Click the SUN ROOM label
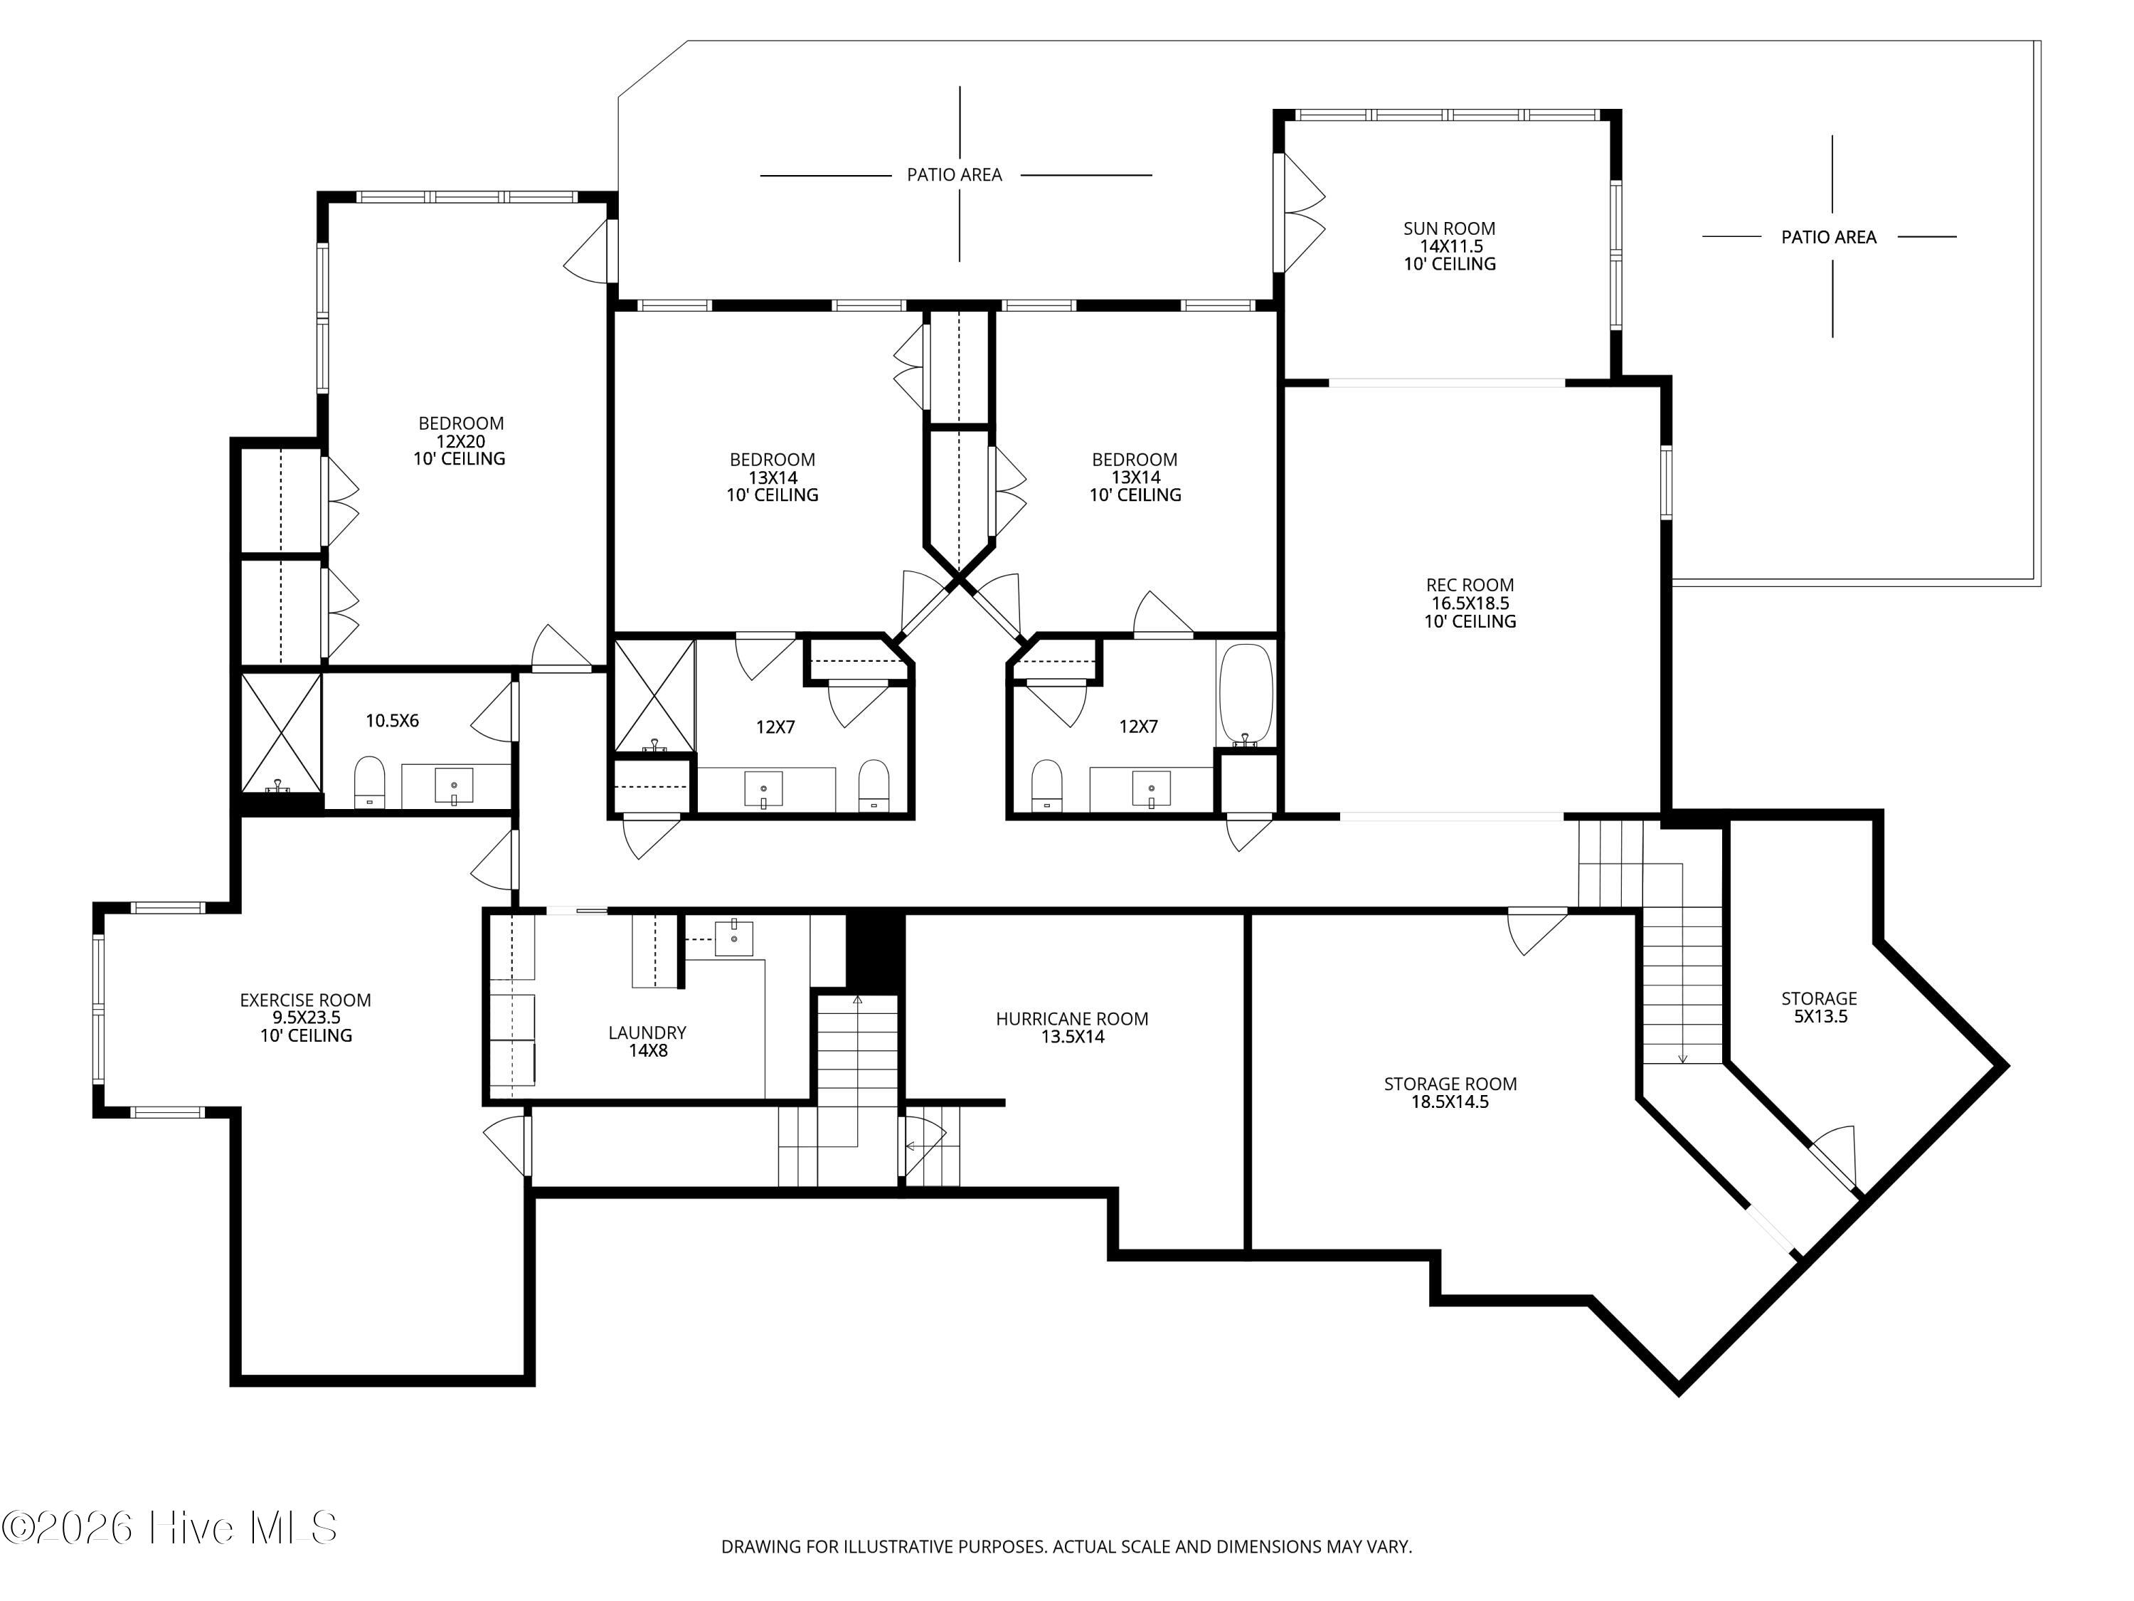pos(1449,228)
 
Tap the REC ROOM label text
pos(1470,585)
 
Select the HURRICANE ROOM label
pos(1072,1018)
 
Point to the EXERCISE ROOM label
pos(305,1000)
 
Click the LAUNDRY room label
pos(647,1032)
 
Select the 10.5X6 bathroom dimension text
pos(392,721)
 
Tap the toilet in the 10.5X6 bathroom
pos(369,781)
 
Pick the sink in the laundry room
pos(733,938)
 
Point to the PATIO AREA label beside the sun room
pos(1828,238)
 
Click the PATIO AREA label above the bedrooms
pos(954,174)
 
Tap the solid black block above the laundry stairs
pos(875,951)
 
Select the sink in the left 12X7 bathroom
pos(763,789)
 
